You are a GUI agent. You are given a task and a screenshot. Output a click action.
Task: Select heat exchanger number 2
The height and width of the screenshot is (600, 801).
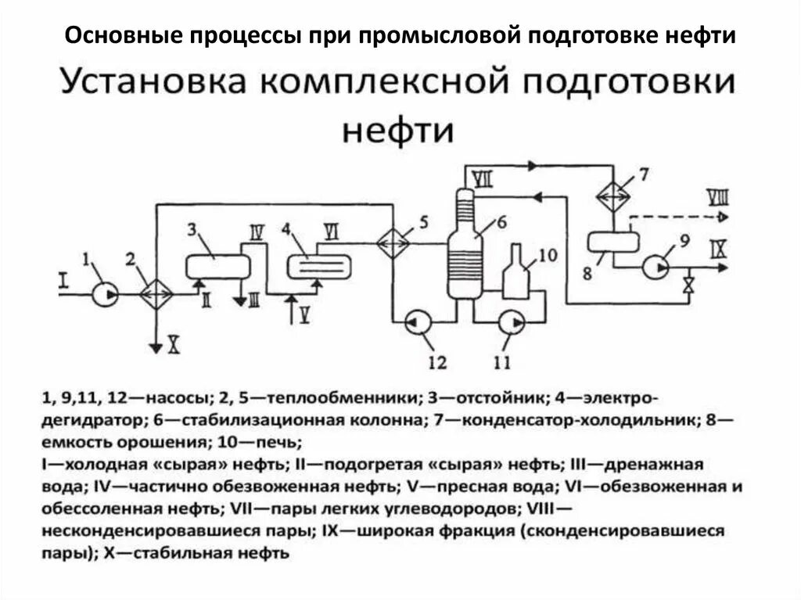pyautogui.click(x=156, y=294)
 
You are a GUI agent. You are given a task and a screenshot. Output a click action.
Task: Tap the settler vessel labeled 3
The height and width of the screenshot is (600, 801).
pyautogui.click(x=217, y=266)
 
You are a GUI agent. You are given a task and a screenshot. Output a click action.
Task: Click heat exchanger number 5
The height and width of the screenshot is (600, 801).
pyautogui.click(x=393, y=243)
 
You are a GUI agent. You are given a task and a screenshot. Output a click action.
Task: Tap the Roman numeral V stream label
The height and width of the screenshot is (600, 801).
pyautogui.click(x=306, y=313)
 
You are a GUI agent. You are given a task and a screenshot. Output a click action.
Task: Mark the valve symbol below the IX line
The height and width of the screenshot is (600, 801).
pyautogui.click(x=688, y=285)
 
